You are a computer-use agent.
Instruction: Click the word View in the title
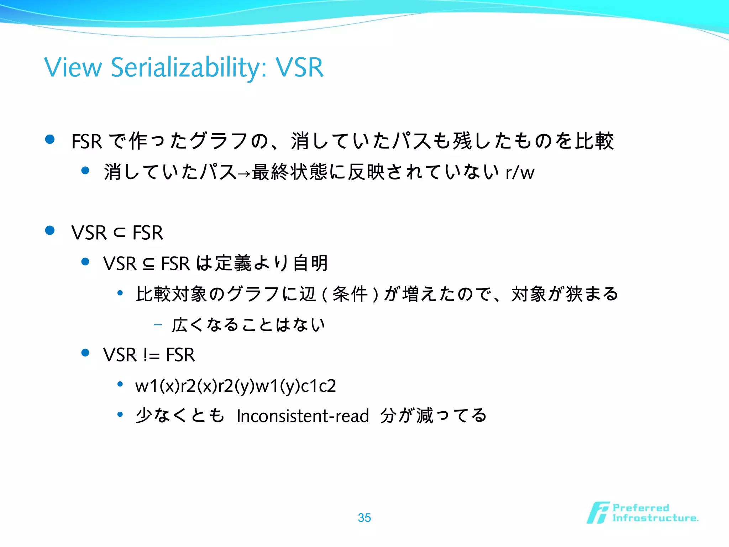pos(73,67)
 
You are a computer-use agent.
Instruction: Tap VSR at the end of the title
pos(300,67)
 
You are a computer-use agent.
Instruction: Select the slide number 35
pos(364,517)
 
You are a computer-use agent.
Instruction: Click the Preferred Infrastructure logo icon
pos(598,513)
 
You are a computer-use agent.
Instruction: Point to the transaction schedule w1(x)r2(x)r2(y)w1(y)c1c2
pos(235,386)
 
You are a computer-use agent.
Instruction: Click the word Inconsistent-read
pos(303,416)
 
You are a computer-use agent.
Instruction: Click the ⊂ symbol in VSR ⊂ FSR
pos(120,233)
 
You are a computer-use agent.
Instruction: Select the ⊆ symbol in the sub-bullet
pos(149,264)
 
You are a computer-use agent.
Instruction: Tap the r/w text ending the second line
pos(520,173)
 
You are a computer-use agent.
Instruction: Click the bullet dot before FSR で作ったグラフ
pos(50,139)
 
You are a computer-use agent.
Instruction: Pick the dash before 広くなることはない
pos(158,325)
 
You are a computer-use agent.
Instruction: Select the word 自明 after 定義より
pos(310,263)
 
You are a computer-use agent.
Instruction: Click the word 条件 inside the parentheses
pos(350,295)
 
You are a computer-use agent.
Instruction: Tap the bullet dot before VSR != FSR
pos(85,353)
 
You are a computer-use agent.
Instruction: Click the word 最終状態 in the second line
pos(289,172)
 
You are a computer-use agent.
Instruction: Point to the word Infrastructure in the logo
pos(655,518)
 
